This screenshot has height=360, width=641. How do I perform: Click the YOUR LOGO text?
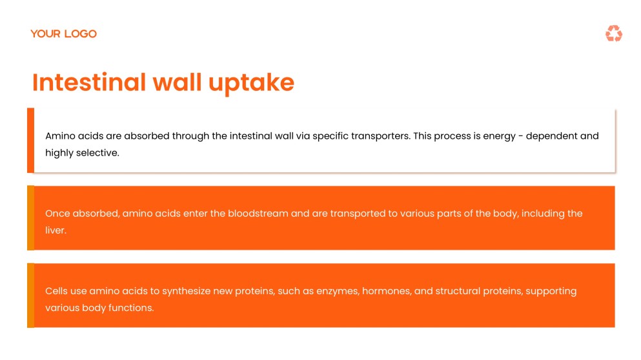(x=63, y=34)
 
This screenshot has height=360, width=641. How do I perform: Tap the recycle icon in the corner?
(x=613, y=34)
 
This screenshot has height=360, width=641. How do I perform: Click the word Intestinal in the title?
(x=89, y=83)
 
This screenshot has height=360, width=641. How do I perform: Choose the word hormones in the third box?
(x=385, y=291)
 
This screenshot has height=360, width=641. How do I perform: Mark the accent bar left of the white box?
(x=30, y=141)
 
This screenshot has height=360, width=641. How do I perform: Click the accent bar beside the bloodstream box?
(x=30, y=218)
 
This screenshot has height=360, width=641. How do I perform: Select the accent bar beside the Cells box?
(x=30, y=295)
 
